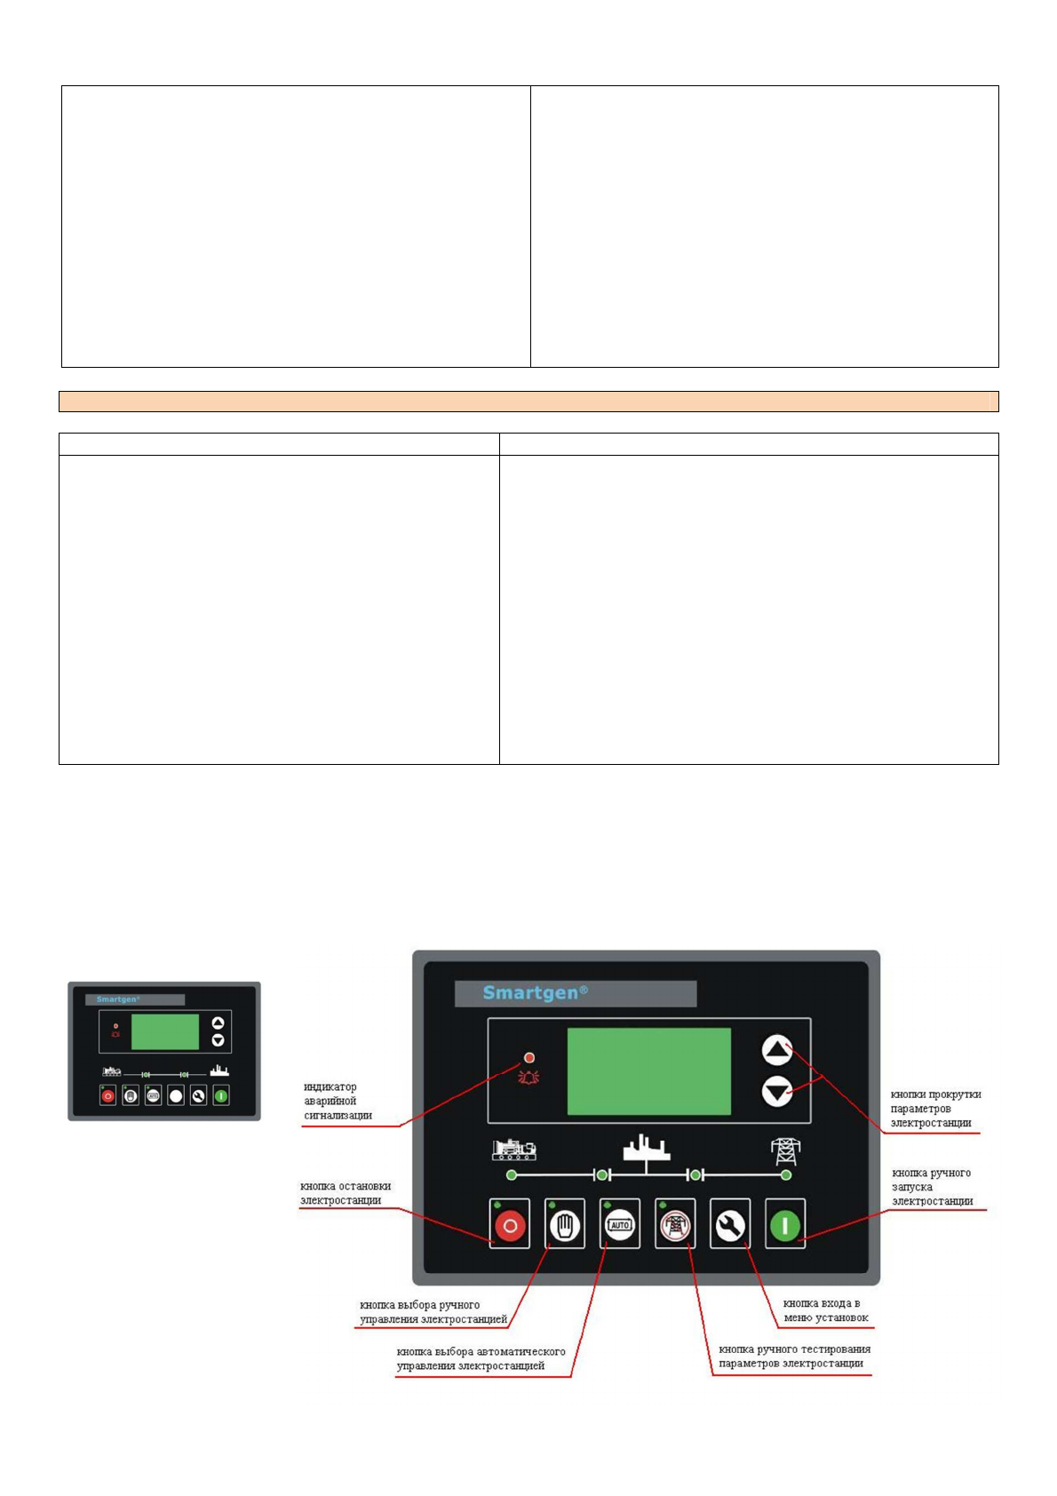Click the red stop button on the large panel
tap(510, 1225)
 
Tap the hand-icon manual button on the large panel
tap(565, 1225)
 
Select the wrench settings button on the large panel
tap(730, 1225)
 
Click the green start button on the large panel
tap(785, 1225)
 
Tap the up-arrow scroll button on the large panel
tap(777, 1051)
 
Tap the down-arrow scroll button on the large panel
tap(777, 1091)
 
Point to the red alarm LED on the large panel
tap(529, 1058)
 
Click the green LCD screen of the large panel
tap(648, 1071)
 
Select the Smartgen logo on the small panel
tap(118, 999)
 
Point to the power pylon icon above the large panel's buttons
tap(785, 1150)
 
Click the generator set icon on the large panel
tap(513, 1150)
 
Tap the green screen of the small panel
tap(165, 1032)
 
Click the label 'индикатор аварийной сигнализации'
tap(338, 1101)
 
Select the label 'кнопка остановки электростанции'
tap(346, 1193)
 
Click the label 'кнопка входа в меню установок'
tap(825, 1310)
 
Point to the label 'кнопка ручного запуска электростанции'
tap(932, 1187)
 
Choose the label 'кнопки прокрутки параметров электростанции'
tap(935, 1109)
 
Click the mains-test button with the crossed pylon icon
tap(675, 1225)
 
